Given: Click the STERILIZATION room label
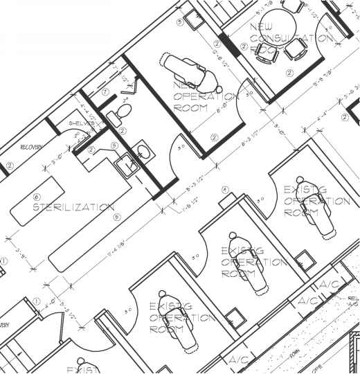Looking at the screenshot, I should (73, 207).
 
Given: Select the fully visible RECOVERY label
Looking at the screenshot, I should (32, 147).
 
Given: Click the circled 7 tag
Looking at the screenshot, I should (105, 91).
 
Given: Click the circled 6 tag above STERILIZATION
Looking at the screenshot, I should (37, 197).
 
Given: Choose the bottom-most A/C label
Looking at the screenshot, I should (239, 361).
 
